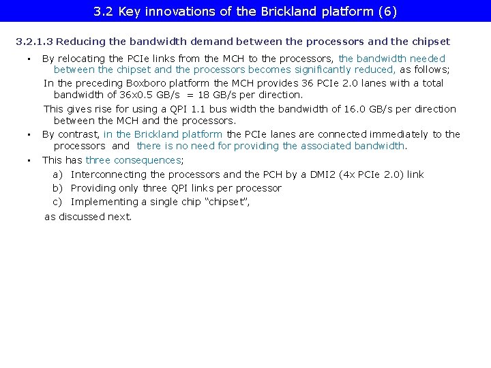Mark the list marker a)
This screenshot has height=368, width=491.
(58, 174)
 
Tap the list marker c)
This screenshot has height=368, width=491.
(58, 202)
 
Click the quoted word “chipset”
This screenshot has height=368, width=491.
(224, 202)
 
